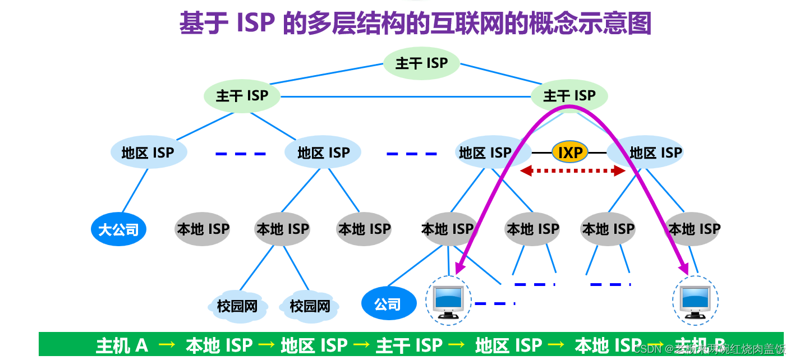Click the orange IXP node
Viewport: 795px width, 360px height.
point(569,152)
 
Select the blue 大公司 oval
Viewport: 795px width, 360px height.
point(118,229)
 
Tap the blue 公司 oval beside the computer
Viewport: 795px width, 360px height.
point(388,304)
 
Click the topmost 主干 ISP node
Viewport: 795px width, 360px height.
point(421,63)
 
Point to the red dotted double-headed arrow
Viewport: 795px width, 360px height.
point(572,171)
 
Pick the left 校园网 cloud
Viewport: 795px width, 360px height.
point(237,306)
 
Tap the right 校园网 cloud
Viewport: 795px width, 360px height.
point(310,306)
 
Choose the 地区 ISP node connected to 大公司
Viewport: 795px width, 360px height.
point(148,153)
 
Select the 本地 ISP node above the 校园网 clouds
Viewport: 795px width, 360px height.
point(282,229)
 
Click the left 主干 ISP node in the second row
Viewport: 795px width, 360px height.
point(242,96)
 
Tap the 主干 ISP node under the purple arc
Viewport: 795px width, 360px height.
point(569,96)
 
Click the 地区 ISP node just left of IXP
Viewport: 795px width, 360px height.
point(485,153)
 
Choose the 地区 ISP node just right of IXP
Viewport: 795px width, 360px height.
point(655,153)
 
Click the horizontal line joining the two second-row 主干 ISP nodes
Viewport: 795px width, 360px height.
point(404,97)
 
